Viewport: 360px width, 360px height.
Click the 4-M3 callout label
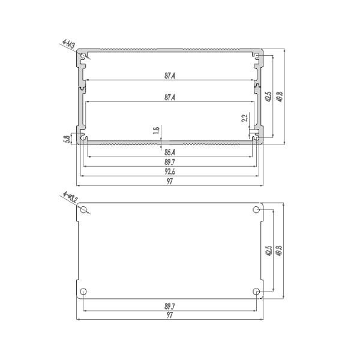point(68,44)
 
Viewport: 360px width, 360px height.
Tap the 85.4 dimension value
point(170,152)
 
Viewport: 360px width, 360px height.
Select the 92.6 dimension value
point(170,172)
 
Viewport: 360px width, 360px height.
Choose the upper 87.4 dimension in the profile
point(170,77)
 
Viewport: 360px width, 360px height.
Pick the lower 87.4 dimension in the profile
point(170,97)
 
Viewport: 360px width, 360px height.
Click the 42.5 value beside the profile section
point(268,97)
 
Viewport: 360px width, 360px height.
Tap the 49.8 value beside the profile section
point(278,97)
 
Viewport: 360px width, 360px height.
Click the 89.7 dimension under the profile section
point(170,163)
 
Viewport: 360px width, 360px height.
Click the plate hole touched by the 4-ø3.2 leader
point(84,210)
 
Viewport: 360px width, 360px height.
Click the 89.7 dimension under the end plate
point(170,306)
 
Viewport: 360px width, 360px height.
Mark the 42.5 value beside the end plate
point(268,251)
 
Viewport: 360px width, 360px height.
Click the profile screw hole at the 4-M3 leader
point(83,57)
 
